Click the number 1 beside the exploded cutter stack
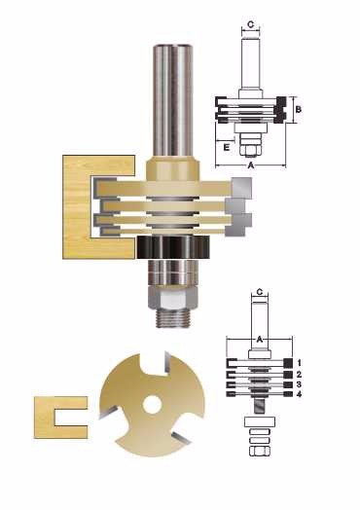[x=299, y=363]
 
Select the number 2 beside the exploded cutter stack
[x=299, y=375]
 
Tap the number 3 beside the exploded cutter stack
[x=299, y=384]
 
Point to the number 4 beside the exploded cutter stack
[x=299, y=394]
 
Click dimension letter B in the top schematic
[x=298, y=109]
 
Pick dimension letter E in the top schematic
[x=227, y=147]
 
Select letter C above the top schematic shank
[x=250, y=24]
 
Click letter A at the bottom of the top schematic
[x=251, y=165]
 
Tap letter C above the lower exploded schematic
[x=260, y=292]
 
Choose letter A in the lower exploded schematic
[x=260, y=340]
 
